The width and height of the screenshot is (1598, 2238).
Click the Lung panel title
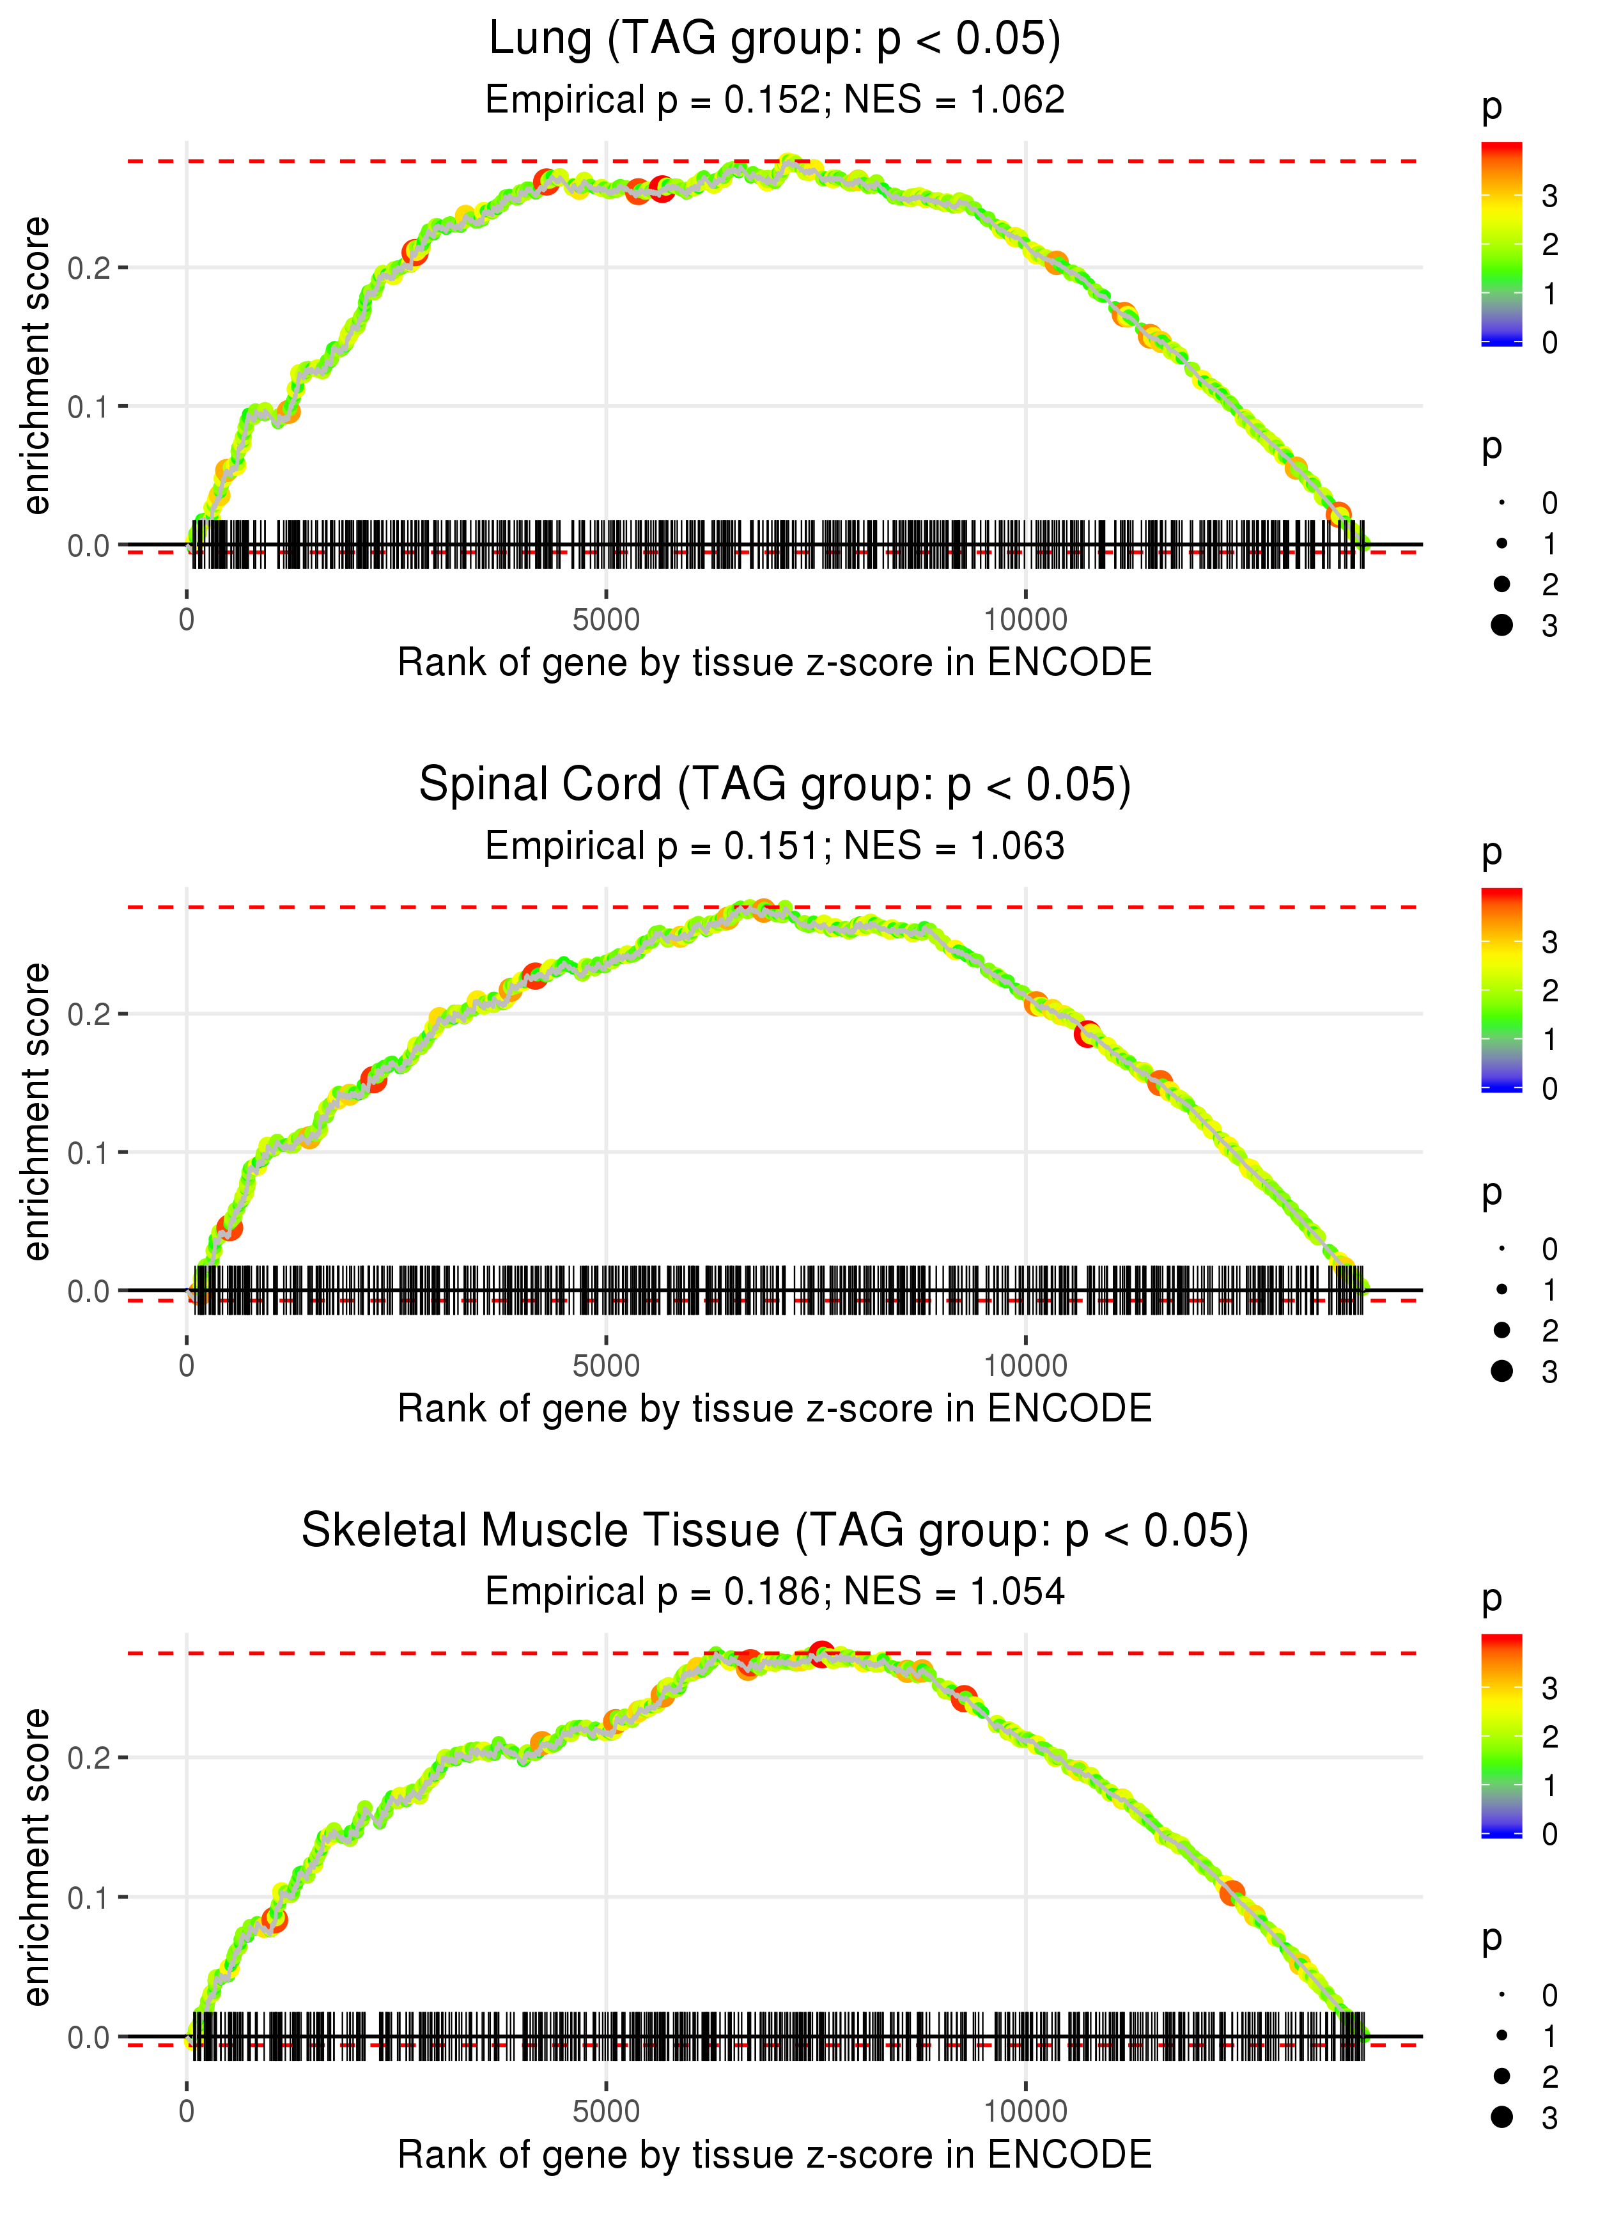pyautogui.click(x=775, y=40)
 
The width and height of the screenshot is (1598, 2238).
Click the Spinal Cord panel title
pyautogui.click(x=775, y=785)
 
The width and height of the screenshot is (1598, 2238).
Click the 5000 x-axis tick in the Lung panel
pyautogui.click(x=606, y=620)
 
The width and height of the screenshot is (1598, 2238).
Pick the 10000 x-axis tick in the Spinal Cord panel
pyautogui.click(x=1025, y=1366)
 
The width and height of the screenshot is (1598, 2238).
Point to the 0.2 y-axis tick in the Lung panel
pyautogui.click(x=89, y=268)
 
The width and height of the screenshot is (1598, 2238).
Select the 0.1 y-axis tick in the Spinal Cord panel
pyautogui.click(x=89, y=1152)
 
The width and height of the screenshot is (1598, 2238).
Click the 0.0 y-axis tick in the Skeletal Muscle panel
pyautogui.click(x=89, y=2037)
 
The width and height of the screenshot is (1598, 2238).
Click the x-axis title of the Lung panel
pyautogui.click(x=775, y=663)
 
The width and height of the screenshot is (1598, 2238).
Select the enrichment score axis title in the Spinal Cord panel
pyautogui.click(x=36, y=1111)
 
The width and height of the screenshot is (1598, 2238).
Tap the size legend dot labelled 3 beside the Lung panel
pyautogui.click(x=1501, y=625)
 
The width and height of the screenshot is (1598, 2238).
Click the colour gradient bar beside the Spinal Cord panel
pyautogui.click(x=1501, y=989)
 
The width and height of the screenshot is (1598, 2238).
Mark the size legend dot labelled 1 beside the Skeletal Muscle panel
pyautogui.click(x=1501, y=2035)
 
